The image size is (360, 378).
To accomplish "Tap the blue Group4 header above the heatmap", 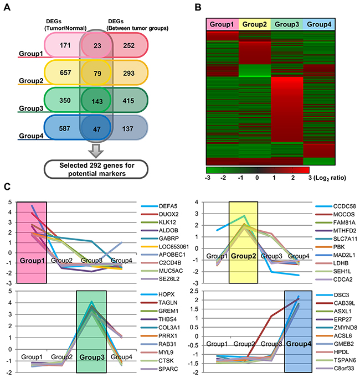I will click(320, 24).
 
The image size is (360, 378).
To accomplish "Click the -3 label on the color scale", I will click(208, 179).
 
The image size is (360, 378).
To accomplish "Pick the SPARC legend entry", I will click(156, 371).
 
